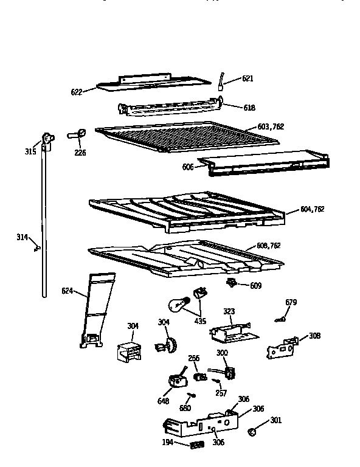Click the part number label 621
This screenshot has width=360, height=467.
[x=247, y=78]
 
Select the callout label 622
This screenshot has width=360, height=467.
[x=77, y=92]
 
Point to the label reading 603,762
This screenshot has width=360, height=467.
[x=271, y=126]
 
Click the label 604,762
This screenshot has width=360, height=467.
[x=313, y=209]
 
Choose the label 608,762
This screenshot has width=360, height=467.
[x=268, y=245]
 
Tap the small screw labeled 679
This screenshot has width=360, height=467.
[x=281, y=318]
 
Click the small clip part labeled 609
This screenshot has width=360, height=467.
[x=232, y=283]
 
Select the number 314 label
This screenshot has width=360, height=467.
[x=22, y=237]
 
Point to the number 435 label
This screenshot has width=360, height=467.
[x=199, y=320]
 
